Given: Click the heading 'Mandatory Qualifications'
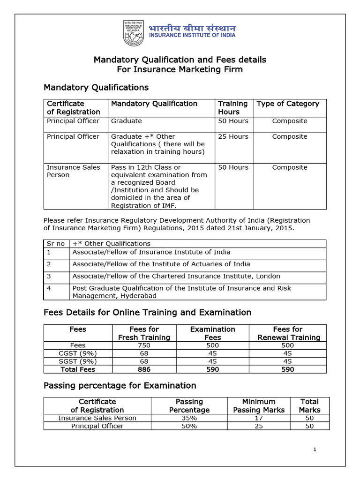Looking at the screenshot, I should [x=96, y=88].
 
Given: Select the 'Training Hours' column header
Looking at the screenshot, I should [x=232, y=107].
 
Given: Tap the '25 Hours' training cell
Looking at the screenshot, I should [x=232, y=136].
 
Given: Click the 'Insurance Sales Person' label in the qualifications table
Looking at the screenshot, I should [x=73, y=171].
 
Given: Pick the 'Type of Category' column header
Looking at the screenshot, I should [x=288, y=104].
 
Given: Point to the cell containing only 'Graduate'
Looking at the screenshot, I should [x=126, y=121].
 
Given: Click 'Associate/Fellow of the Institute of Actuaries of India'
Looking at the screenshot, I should [x=161, y=264].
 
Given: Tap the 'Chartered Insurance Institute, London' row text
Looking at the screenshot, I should [x=176, y=276].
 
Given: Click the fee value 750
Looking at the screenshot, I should [x=144, y=345].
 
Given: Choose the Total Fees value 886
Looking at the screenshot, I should [x=144, y=369].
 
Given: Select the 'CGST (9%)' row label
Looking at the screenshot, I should [x=78, y=353].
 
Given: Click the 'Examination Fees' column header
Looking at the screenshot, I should [x=212, y=333].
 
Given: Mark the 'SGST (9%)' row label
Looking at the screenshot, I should [x=78, y=361].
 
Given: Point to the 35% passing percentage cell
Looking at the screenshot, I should [x=189, y=418].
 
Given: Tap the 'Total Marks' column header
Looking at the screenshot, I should [x=309, y=405].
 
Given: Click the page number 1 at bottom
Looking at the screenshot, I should [x=315, y=450].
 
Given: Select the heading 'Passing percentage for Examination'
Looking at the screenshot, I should [x=120, y=386].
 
